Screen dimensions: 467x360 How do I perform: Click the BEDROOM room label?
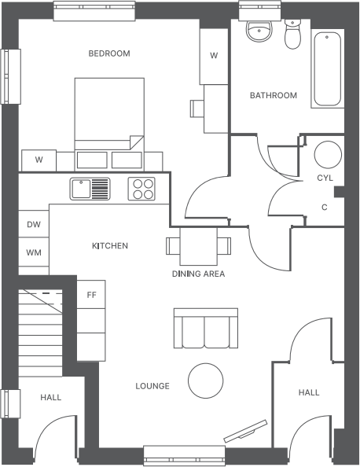(109, 53)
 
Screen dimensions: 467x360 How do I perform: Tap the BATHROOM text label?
(274, 96)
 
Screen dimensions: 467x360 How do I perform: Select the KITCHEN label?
(110, 246)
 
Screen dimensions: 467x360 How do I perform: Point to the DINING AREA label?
(198, 274)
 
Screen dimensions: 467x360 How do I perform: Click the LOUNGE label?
(152, 386)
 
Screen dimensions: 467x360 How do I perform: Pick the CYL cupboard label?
(325, 178)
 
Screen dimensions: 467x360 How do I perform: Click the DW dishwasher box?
(33, 224)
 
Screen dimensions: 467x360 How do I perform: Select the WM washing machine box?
(33, 253)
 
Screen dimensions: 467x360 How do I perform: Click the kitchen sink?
(90, 189)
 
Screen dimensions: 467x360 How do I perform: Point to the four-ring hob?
(141, 189)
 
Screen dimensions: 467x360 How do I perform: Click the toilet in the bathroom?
(293, 34)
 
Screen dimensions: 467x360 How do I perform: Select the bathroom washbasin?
(259, 31)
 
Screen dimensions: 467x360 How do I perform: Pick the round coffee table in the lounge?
(206, 381)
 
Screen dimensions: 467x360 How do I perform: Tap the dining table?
(199, 246)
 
